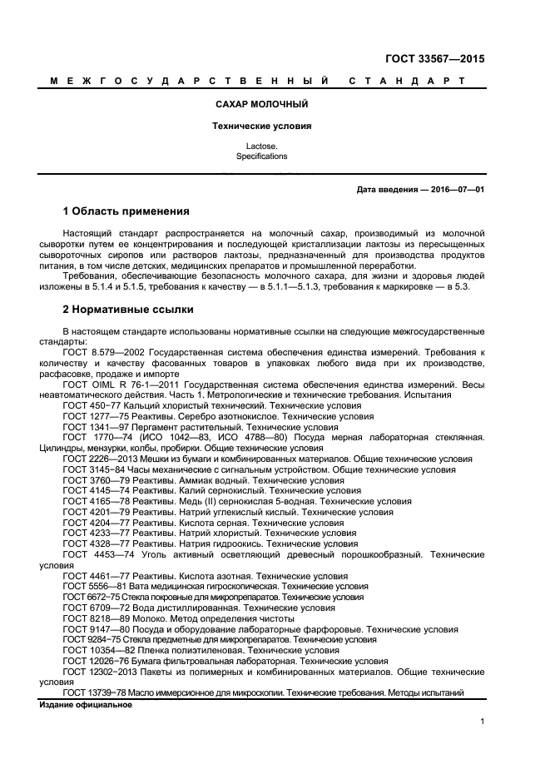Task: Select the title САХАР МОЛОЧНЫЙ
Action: [x=261, y=105]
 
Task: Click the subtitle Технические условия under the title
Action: [x=261, y=127]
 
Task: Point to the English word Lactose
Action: [x=261, y=146]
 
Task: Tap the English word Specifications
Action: [x=261, y=156]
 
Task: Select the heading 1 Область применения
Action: [x=126, y=211]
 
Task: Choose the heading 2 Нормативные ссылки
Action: [x=128, y=310]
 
